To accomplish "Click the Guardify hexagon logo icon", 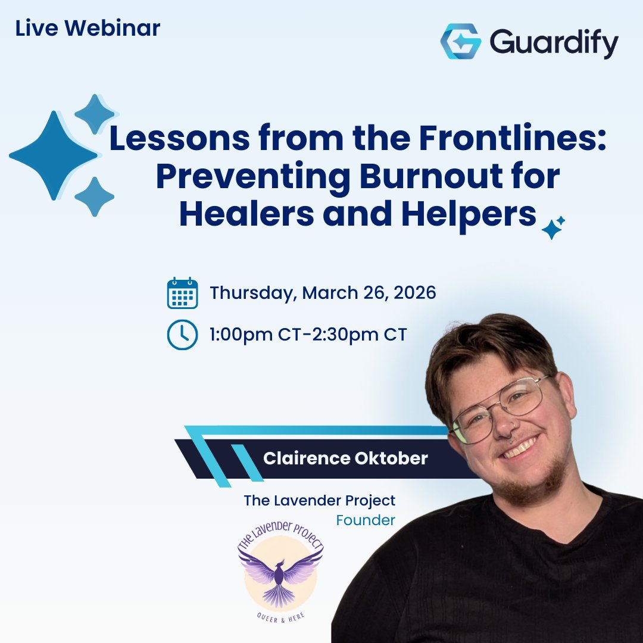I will click(x=460, y=42).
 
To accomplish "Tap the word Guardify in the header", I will click(x=554, y=42).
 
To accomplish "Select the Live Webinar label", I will click(x=88, y=28).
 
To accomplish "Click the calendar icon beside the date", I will click(x=182, y=293).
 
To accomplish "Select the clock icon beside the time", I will click(x=182, y=335).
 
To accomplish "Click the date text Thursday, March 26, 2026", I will click(x=323, y=293).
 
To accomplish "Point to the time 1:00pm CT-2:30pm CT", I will click(x=308, y=335).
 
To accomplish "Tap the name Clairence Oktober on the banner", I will click(x=345, y=458).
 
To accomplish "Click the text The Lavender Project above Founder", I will click(x=319, y=500).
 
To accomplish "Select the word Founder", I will click(x=366, y=520).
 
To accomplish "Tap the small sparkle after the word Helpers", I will click(x=552, y=228).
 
